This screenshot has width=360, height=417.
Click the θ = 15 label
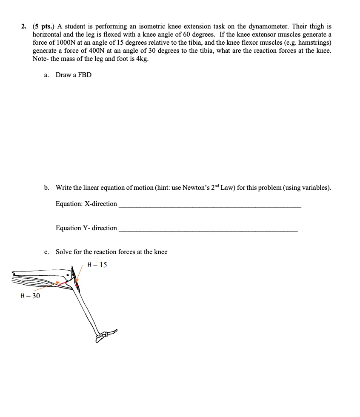click(97, 265)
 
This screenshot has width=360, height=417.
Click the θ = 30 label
click(30, 296)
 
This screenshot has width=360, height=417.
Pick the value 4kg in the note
click(140, 59)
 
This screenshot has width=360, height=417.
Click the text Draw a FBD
click(74, 75)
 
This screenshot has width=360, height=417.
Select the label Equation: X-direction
click(86, 204)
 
